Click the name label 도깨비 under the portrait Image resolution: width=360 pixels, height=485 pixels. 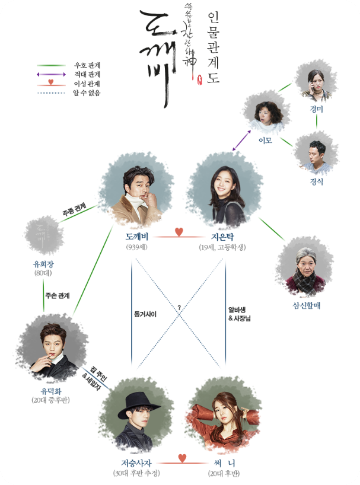point(136,236)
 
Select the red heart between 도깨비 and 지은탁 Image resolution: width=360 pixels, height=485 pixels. point(179,231)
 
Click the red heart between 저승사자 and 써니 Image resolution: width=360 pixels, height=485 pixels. point(183,457)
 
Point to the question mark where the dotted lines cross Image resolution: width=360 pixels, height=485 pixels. point(178,307)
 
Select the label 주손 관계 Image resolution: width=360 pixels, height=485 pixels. point(57,295)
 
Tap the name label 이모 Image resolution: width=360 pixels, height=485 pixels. point(265,141)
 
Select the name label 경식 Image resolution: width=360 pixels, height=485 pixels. point(316,182)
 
